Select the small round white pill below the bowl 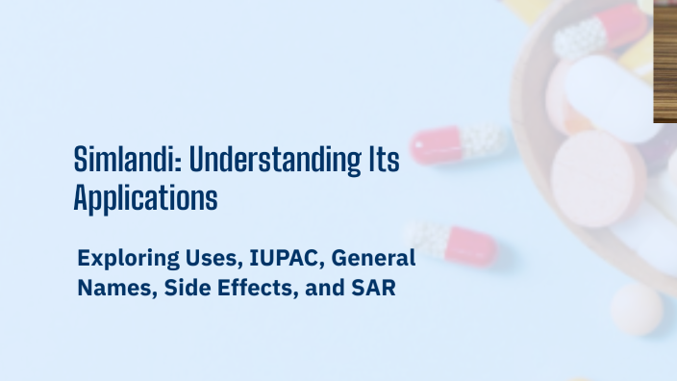click(x=636, y=309)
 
